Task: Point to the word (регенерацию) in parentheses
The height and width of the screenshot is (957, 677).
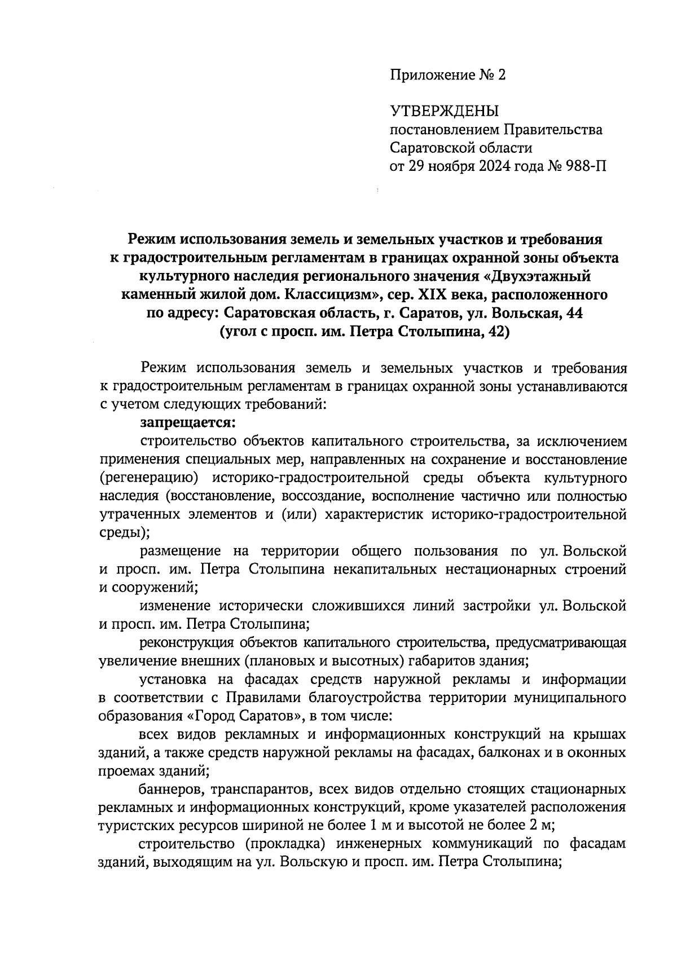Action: click(x=148, y=478)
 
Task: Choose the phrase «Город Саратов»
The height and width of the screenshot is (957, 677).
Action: click(x=244, y=717)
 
